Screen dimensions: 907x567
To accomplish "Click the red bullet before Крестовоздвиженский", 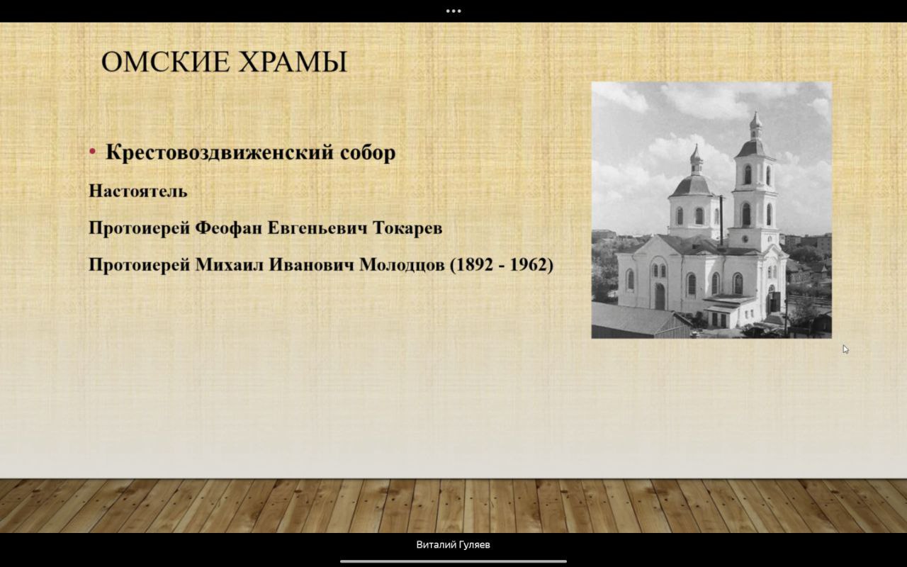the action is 93,152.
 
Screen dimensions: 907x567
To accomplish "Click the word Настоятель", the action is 138,191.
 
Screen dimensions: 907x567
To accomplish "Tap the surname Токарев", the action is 407,228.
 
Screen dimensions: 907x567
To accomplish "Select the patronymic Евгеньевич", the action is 318,228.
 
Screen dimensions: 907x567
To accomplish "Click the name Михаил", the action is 230,265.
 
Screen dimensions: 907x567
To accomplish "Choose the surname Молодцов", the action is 402,265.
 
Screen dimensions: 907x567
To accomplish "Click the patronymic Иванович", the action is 312,265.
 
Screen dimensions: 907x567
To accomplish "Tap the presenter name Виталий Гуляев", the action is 453,545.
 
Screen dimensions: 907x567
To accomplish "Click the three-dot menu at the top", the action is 453,11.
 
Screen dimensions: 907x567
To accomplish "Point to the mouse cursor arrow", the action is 846,349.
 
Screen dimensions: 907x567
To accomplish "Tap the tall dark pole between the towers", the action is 721,221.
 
